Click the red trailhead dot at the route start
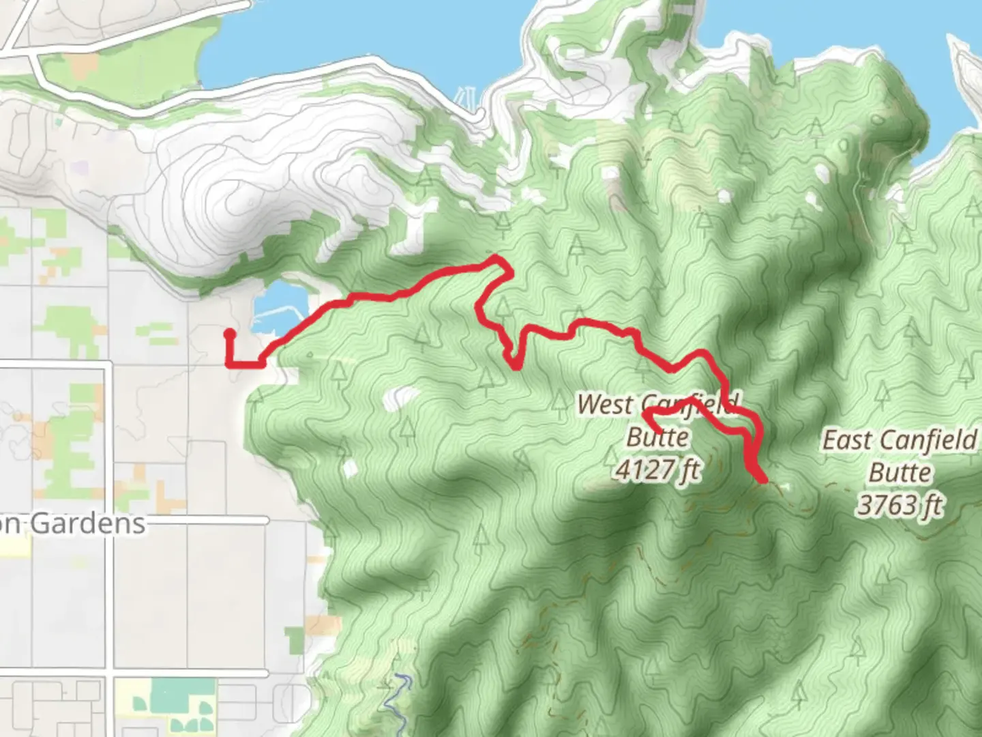(230, 334)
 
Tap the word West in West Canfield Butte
(604, 404)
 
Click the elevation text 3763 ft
(899, 506)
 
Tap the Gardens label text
(88, 524)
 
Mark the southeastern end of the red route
(762, 480)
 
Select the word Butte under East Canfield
(899, 473)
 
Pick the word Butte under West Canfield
(657, 437)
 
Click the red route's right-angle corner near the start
(230, 364)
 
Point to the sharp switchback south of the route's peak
(516, 366)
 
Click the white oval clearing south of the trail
(400, 398)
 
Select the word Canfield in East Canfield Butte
(925, 440)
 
